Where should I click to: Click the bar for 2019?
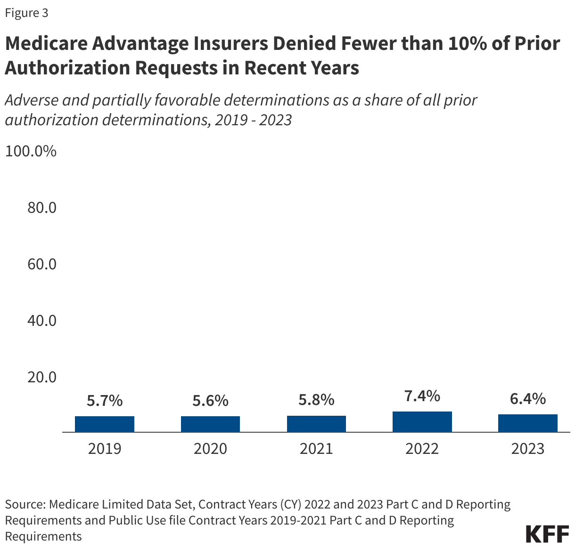pyautogui.click(x=105, y=424)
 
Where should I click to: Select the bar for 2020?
pyautogui.click(x=210, y=424)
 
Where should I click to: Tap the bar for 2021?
pyautogui.click(x=316, y=424)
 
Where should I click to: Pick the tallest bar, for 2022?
pyautogui.click(x=422, y=421)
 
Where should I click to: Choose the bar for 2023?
pyautogui.click(x=527, y=423)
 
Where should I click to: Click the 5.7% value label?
pyautogui.click(x=105, y=401)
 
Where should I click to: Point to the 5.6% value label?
pyautogui.click(x=210, y=401)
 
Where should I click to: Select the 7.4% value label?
pyautogui.click(x=422, y=396)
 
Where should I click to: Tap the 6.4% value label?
pyautogui.click(x=527, y=399)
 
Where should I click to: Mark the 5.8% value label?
pyautogui.click(x=316, y=400)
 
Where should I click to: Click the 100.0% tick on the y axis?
pyautogui.click(x=31, y=151)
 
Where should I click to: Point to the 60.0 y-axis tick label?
pyautogui.click(x=42, y=264)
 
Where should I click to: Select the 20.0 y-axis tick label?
pyautogui.click(x=42, y=377)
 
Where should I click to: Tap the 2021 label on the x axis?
pyautogui.click(x=316, y=449)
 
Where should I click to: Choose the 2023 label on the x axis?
pyautogui.click(x=527, y=449)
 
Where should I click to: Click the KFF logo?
pyautogui.click(x=547, y=534)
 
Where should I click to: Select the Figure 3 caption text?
pyautogui.click(x=26, y=13)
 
